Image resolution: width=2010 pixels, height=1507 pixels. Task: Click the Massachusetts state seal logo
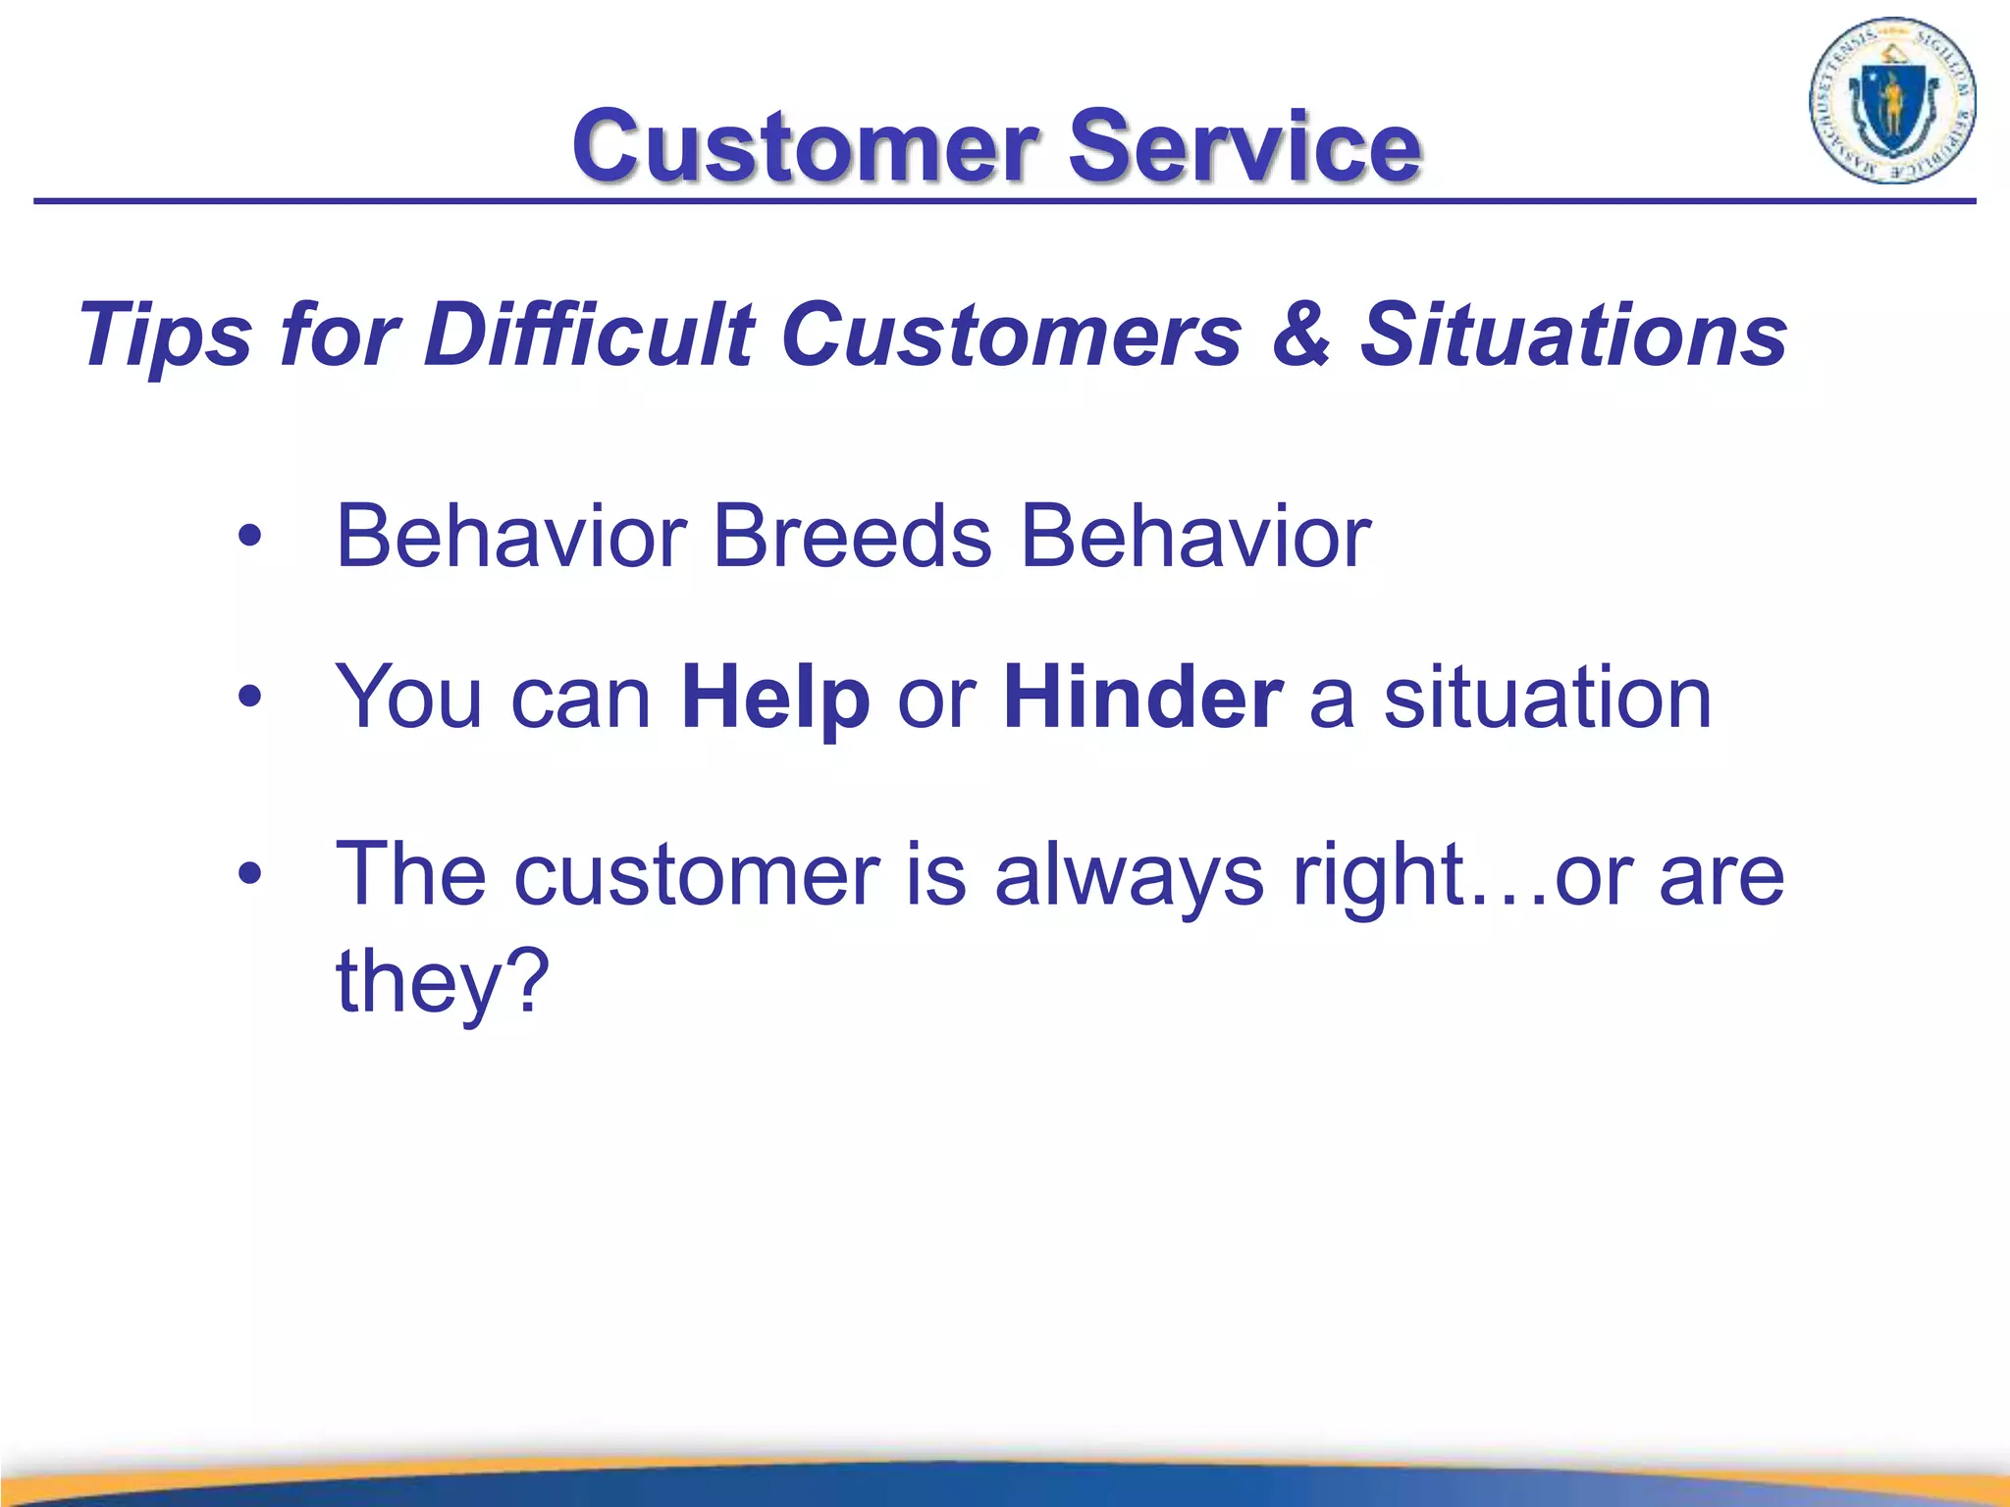coord(1891,101)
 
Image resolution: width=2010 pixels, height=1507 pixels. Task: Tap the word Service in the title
coord(1243,147)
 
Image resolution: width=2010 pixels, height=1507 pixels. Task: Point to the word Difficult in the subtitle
coord(589,336)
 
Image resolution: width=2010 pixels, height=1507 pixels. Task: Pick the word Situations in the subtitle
coord(1572,336)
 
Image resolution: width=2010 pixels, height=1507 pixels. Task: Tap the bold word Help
coord(775,699)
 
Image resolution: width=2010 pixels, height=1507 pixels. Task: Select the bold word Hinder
coord(1142,699)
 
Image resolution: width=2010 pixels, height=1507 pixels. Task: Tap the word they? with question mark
coord(442,981)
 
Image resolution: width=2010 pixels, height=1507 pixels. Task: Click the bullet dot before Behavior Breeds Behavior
coord(250,537)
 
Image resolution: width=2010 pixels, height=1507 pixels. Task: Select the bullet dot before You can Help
coord(250,698)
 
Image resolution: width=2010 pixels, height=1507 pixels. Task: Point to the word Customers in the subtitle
coord(1011,336)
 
